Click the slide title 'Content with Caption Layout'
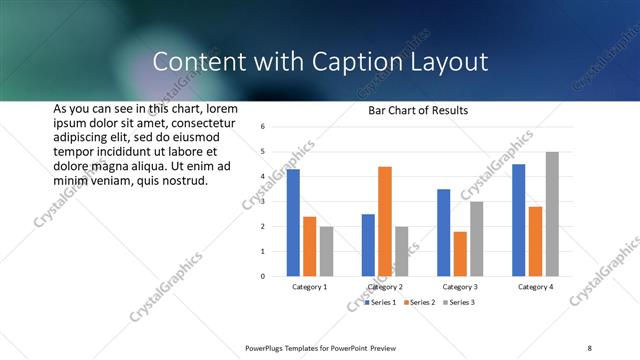point(320,62)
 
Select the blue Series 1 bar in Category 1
point(293,222)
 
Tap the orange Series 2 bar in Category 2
point(385,221)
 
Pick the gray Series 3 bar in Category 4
point(552,214)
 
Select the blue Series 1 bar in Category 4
point(518,220)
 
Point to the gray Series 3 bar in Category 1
point(327,251)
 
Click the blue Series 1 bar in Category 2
point(368,245)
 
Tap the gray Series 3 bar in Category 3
point(477,238)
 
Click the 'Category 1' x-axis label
point(310,287)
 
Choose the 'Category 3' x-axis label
point(460,287)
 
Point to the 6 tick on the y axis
point(262,127)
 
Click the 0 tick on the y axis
point(262,276)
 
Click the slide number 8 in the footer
point(590,347)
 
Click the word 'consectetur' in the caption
point(200,121)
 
